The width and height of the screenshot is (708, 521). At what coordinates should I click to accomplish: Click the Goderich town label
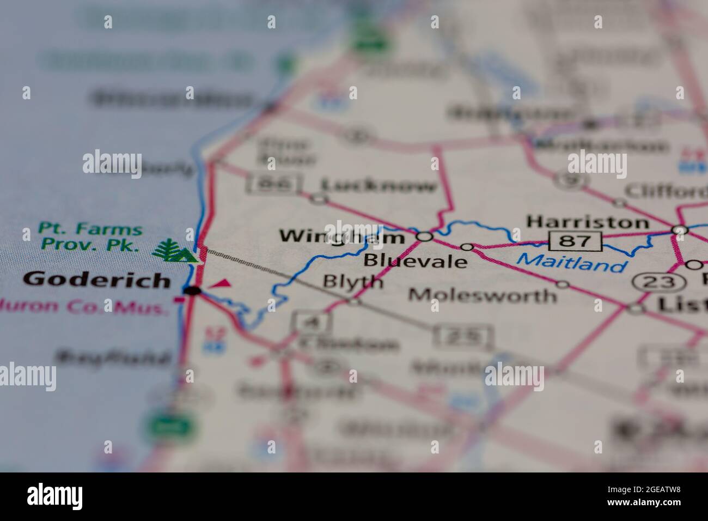click(x=97, y=280)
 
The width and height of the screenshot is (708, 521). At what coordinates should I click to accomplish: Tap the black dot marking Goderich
click(x=191, y=291)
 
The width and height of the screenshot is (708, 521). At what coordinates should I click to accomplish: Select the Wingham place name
click(x=341, y=237)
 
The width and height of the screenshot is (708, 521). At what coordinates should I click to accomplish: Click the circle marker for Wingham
click(x=424, y=237)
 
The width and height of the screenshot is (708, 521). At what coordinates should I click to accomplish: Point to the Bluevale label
click(x=415, y=260)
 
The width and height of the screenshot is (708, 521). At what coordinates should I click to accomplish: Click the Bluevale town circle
click(x=467, y=247)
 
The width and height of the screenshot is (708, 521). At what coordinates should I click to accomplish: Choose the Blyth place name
click(x=352, y=281)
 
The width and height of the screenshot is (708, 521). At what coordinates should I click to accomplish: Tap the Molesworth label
click(x=483, y=295)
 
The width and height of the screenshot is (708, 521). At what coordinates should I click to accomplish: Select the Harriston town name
click(x=588, y=222)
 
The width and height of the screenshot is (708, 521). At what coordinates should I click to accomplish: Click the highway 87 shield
click(x=575, y=240)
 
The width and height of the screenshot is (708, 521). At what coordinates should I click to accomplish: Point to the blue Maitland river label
click(x=571, y=264)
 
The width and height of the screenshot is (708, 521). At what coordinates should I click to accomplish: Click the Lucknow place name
click(x=379, y=187)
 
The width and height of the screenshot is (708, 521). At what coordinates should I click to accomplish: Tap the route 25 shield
click(x=463, y=336)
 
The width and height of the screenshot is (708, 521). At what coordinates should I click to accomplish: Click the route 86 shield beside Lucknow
click(x=274, y=183)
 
